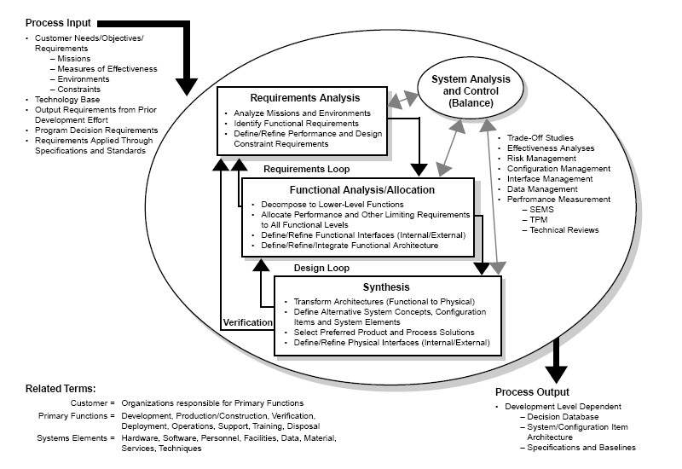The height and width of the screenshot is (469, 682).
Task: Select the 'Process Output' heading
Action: pos(535,391)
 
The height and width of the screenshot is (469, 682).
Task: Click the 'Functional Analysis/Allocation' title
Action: pos(350,189)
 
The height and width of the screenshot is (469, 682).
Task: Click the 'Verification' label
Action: pos(247,323)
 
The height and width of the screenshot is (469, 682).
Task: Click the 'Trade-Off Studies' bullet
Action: pos(540,138)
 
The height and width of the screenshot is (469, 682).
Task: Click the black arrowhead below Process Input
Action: pos(188,84)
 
